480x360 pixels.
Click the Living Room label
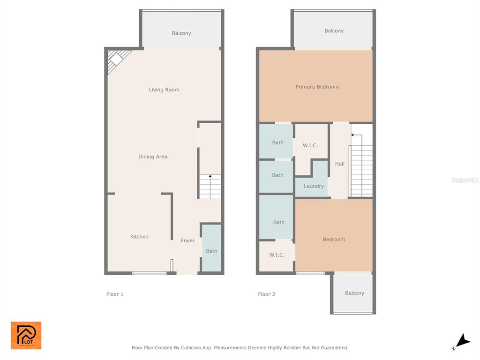(164, 90)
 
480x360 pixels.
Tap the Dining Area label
(153, 157)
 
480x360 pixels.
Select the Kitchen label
(139, 237)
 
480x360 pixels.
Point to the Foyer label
(187, 240)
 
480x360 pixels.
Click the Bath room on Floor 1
(211, 248)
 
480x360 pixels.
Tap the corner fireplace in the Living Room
(117, 60)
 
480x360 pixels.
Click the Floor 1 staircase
(210, 187)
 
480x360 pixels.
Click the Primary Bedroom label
(317, 87)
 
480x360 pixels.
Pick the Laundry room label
(314, 186)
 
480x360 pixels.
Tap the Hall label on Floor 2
(340, 164)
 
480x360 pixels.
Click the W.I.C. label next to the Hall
(310, 145)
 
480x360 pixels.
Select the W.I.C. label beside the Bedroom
(277, 255)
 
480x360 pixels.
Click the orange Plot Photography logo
(26, 335)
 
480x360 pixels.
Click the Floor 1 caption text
(115, 294)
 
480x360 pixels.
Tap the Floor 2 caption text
(267, 294)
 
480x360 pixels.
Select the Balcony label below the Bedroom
(354, 293)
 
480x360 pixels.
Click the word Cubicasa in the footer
(191, 348)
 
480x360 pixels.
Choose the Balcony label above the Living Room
(181, 33)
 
